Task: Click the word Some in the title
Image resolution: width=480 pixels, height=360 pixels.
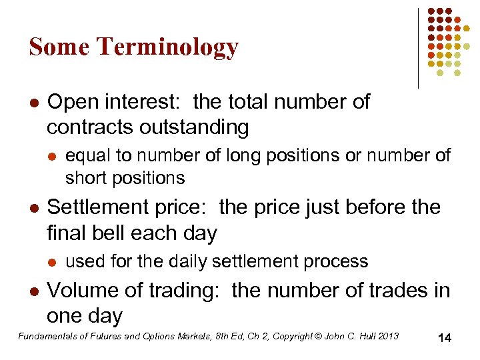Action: coord(59,47)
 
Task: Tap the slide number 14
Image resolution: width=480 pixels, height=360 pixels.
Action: coord(445,339)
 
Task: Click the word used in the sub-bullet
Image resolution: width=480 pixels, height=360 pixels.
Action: coord(84,261)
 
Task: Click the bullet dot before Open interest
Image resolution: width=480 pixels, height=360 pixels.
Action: coord(33,103)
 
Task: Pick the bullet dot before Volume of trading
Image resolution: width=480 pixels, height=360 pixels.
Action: coord(33,291)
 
